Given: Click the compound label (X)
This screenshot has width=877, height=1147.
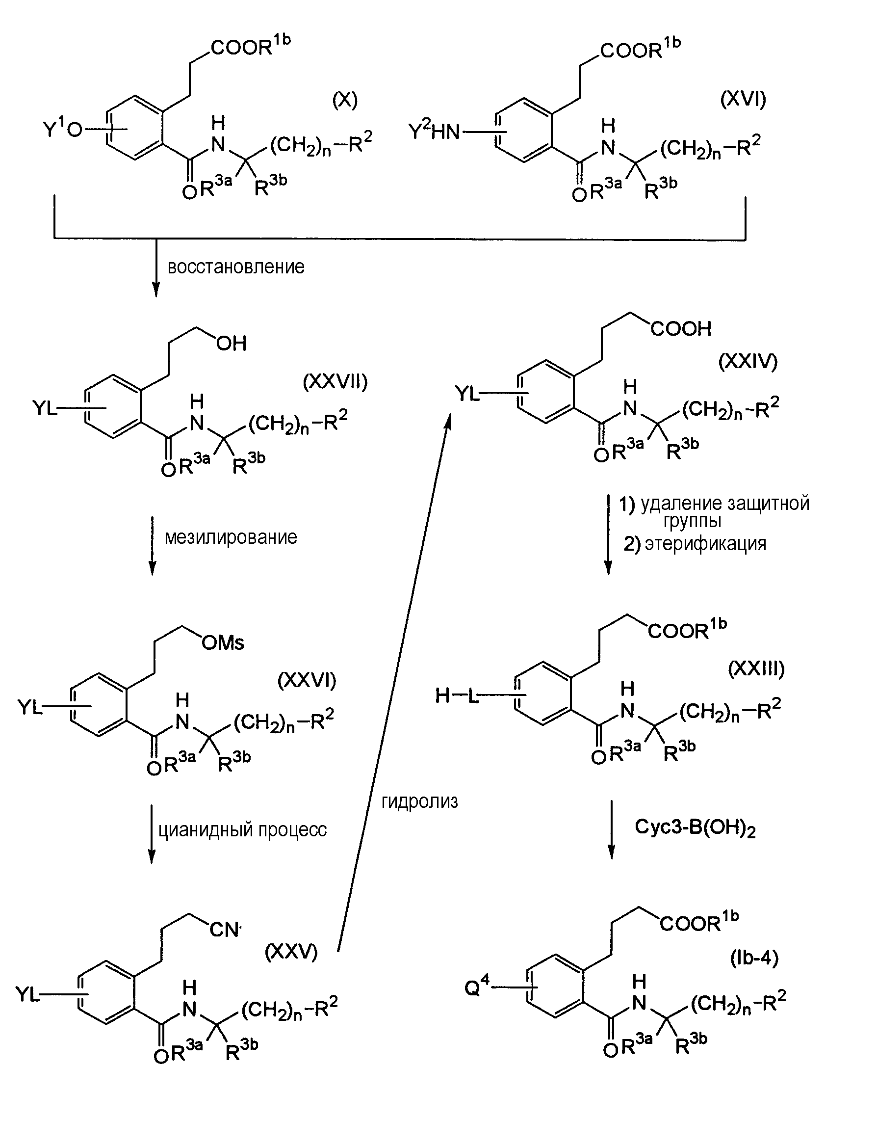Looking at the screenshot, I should click(344, 100).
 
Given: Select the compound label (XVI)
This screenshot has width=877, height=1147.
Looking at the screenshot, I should click(743, 98).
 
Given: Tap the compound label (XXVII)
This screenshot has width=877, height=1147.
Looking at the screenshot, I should click(335, 382).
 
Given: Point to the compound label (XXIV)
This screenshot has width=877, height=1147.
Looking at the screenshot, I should click(748, 361).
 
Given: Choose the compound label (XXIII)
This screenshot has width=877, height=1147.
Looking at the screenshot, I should click(756, 668).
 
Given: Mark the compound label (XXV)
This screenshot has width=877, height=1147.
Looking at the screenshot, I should click(291, 952).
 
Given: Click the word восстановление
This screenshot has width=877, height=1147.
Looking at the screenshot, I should click(236, 267).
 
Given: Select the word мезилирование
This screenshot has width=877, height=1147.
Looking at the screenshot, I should click(231, 537).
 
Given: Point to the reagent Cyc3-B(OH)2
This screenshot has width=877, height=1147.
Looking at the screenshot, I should click(695, 828).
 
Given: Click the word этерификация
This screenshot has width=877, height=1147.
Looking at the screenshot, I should click(705, 544).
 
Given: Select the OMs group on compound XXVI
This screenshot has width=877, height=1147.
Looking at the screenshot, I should click(223, 642).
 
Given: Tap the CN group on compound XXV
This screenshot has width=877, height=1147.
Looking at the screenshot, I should click(225, 930).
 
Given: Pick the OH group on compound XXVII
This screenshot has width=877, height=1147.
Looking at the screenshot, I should click(231, 343).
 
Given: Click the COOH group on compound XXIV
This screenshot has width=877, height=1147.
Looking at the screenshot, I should click(681, 328).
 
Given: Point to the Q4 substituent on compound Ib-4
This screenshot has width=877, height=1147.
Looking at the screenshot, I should click(477, 987).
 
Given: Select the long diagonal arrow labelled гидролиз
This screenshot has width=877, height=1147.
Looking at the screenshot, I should click(392, 679).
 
